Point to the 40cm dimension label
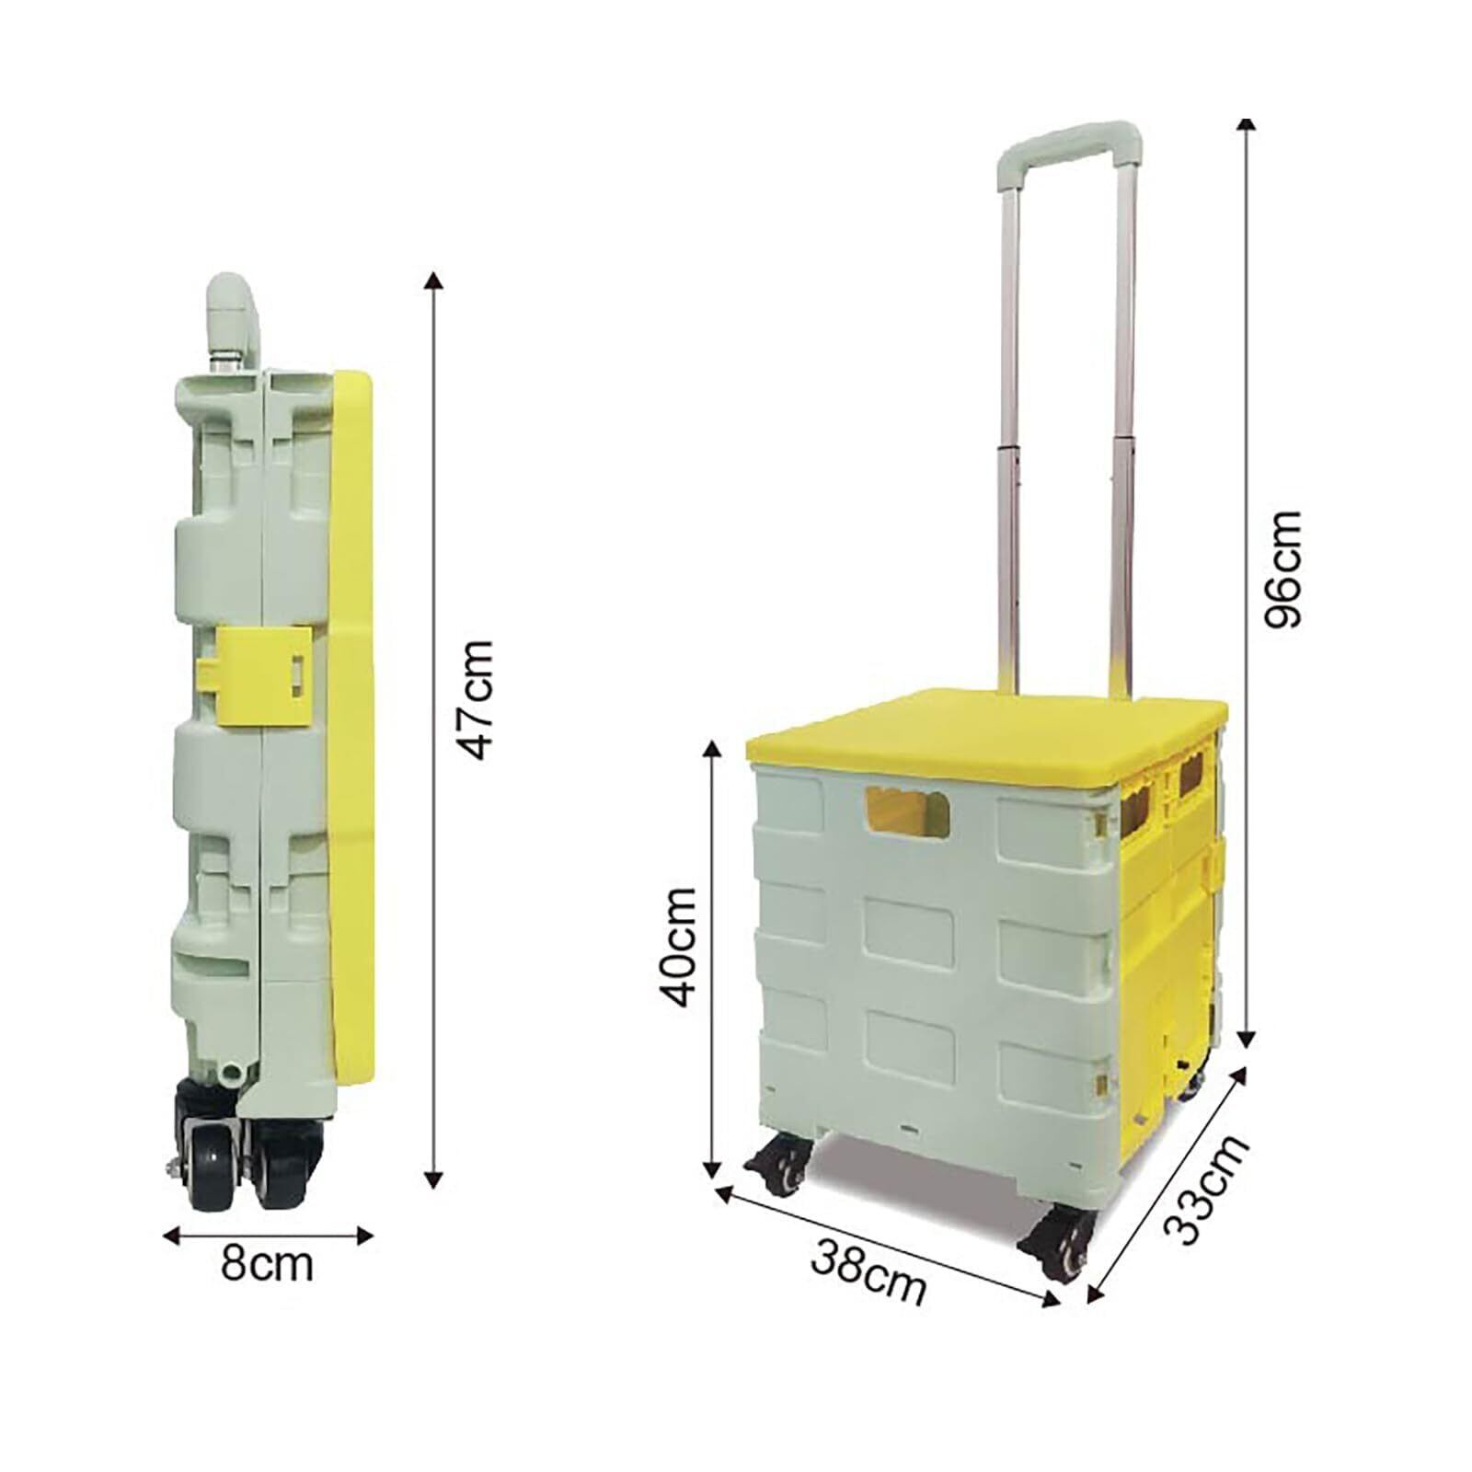pyautogui.click(x=680, y=947)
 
